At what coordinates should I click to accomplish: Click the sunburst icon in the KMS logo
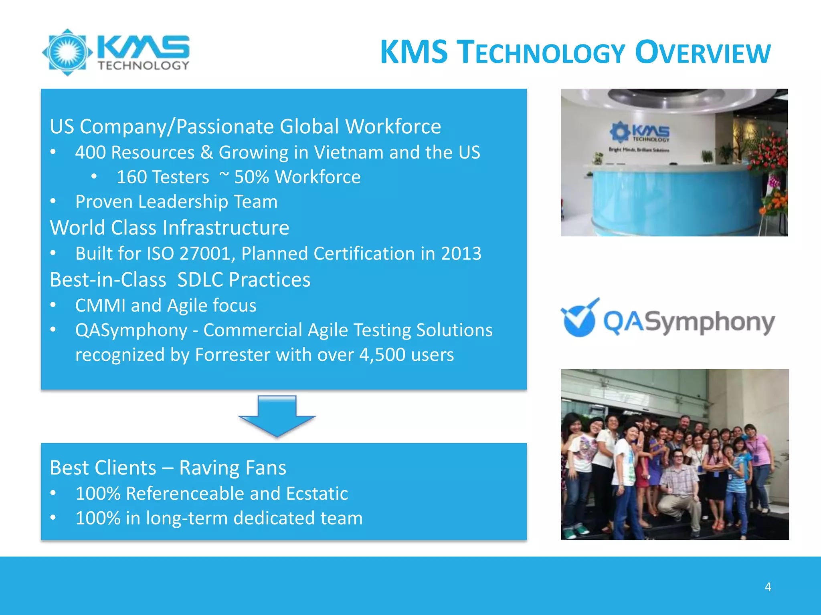coord(67,52)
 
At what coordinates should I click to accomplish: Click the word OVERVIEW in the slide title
coord(703,53)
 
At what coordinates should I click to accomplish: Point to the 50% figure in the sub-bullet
coord(251,177)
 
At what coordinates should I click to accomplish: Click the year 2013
coord(461,254)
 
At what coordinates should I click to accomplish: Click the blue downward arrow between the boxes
coord(277,416)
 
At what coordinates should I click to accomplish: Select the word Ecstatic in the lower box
coord(317,494)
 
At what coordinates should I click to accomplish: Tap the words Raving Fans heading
coord(233,468)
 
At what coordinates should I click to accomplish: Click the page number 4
coord(768,587)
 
